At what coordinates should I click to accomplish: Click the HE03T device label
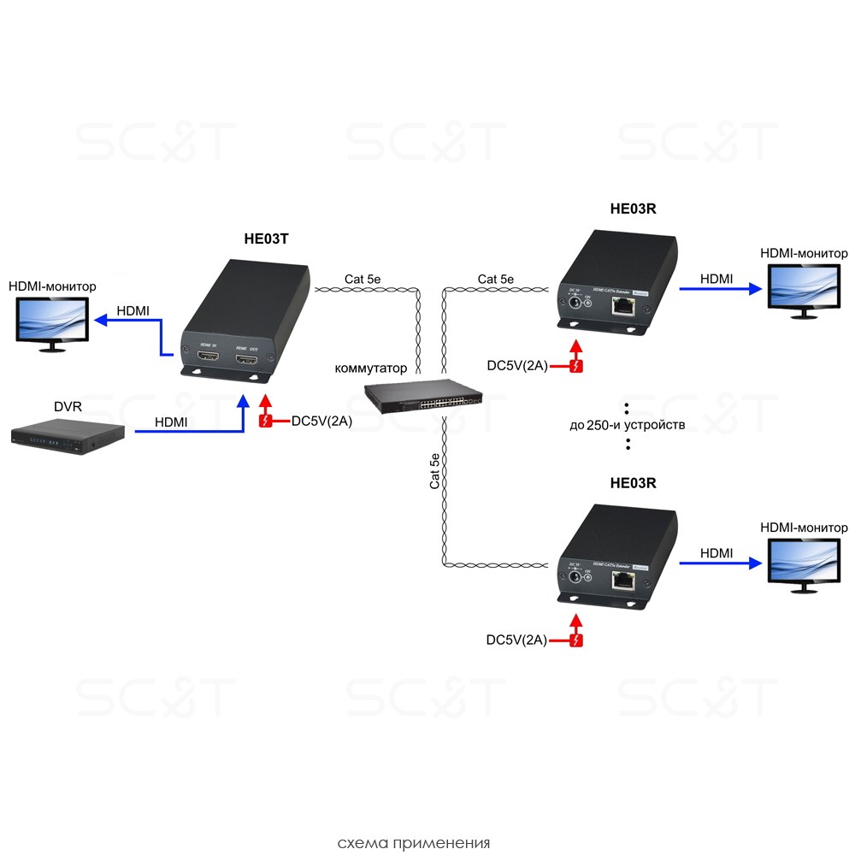click(x=266, y=239)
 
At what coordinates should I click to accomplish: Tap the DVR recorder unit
click(x=68, y=434)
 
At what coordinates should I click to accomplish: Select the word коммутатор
click(x=370, y=369)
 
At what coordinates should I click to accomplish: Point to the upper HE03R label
click(x=633, y=209)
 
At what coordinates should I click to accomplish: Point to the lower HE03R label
click(x=633, y=483)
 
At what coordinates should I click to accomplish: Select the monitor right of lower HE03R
click(x=804, y=563)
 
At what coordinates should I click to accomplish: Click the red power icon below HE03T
click(x=266, y=421)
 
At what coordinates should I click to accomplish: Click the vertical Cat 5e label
click(x=435, y=472)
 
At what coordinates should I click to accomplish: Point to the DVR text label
click(x=68, y=406)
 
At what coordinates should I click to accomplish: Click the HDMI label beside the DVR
click(x=172, y=422)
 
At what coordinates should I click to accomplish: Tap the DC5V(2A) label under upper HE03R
click(x=516, y=366)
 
